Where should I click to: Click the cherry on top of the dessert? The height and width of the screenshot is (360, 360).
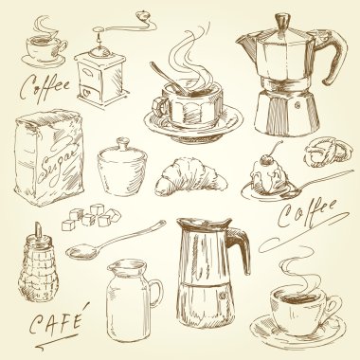click(x=268, y=160)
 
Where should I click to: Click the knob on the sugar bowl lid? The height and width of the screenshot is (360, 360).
click(x=123, y=142)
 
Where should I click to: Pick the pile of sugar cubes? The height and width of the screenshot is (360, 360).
click(x=91, y=217)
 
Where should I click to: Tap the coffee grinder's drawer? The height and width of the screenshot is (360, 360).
click(x=90, y=92)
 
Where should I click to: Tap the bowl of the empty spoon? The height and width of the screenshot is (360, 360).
click(x=81, y=252)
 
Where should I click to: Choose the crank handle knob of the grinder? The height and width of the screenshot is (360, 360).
click(x=143, y=15)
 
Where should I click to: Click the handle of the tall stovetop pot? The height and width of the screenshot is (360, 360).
click(x=239, y=247)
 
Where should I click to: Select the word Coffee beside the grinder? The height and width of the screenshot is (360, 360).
click(x=45, y=83)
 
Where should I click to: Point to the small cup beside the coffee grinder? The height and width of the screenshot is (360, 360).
click(x=45, y=48)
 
